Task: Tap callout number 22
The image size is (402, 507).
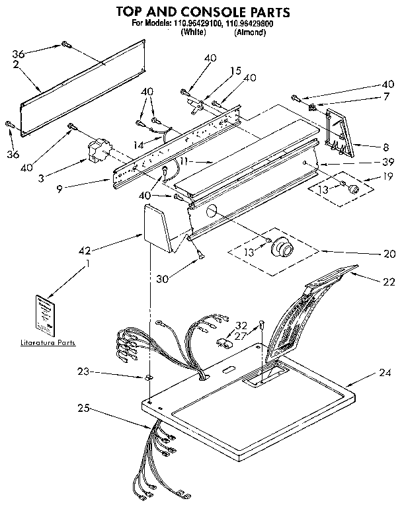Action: click(x=389, y=282)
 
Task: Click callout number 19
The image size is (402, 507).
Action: click(x=389, y=176)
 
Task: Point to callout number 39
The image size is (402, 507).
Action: click(x=389, y=162)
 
